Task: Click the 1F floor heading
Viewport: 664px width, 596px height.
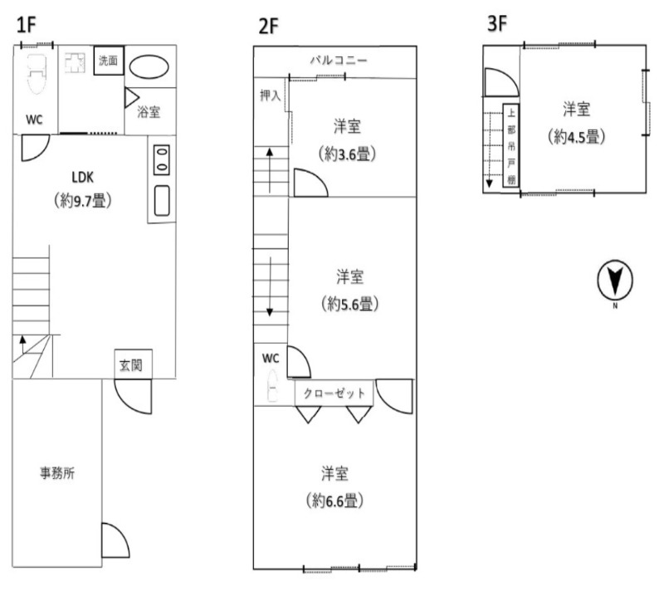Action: click(26, 25)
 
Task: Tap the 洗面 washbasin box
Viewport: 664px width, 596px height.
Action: click(109, 61)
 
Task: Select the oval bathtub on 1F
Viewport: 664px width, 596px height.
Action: click(149, 67)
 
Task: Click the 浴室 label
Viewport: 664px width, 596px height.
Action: click(149, 112)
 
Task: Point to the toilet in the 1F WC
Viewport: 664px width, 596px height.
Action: click(37, 74)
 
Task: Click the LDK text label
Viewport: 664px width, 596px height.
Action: click(82, 177)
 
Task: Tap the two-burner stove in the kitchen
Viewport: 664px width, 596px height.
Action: click(162, 160)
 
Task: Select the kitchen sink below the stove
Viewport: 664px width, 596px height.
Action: click(162, 201)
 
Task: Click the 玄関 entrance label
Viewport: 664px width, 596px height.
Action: click(131, 364)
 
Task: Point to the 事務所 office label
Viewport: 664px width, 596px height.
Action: click(57, 473)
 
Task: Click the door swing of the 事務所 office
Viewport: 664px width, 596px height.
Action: click(115, 540)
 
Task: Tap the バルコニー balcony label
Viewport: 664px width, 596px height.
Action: click(339, 60)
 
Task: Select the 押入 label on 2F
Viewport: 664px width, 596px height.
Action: click(271, 95)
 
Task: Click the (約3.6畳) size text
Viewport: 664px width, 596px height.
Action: click(347, 154)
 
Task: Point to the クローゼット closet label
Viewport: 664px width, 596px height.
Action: click(334, 393)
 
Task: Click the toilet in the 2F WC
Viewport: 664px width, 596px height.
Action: click(272, 385)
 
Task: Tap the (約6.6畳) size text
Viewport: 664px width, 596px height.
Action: click(334, 501)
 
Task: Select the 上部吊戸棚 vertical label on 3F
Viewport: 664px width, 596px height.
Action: click(511, 146)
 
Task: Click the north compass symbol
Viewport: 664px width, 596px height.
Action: click(615, 281)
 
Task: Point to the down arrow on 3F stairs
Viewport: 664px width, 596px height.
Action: click(489, 149)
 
